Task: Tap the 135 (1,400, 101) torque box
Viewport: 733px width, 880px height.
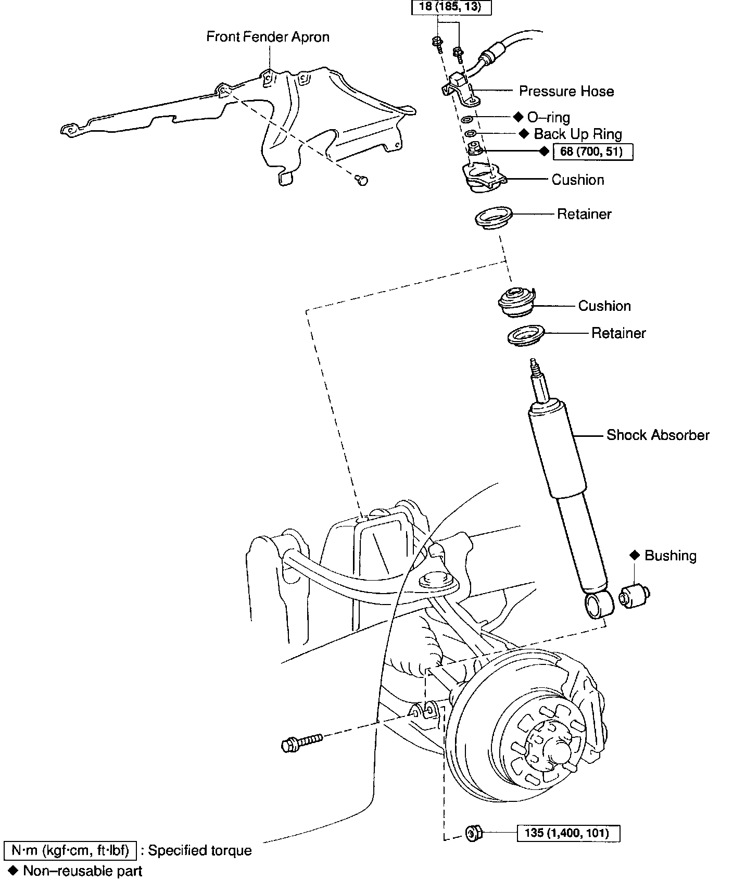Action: click(569, 833)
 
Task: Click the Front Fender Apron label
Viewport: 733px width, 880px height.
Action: click(268, 37)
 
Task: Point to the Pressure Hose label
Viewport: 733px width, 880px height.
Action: click(566, 92)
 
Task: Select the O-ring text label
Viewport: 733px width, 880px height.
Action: click(548, 117)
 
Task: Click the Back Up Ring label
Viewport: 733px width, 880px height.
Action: click(577, 134)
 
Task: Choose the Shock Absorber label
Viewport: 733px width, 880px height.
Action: click(658, 435)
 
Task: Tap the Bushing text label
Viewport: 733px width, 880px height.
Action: click(670, 556)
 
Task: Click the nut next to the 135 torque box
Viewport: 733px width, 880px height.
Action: click(473, 833)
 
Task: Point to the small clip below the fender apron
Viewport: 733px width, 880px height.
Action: click(361, 181)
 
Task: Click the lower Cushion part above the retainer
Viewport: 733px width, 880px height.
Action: click(515, 302)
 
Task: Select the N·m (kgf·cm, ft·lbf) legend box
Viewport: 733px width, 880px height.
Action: click(70, 850)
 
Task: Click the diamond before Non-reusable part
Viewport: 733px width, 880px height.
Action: click(14, 870)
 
